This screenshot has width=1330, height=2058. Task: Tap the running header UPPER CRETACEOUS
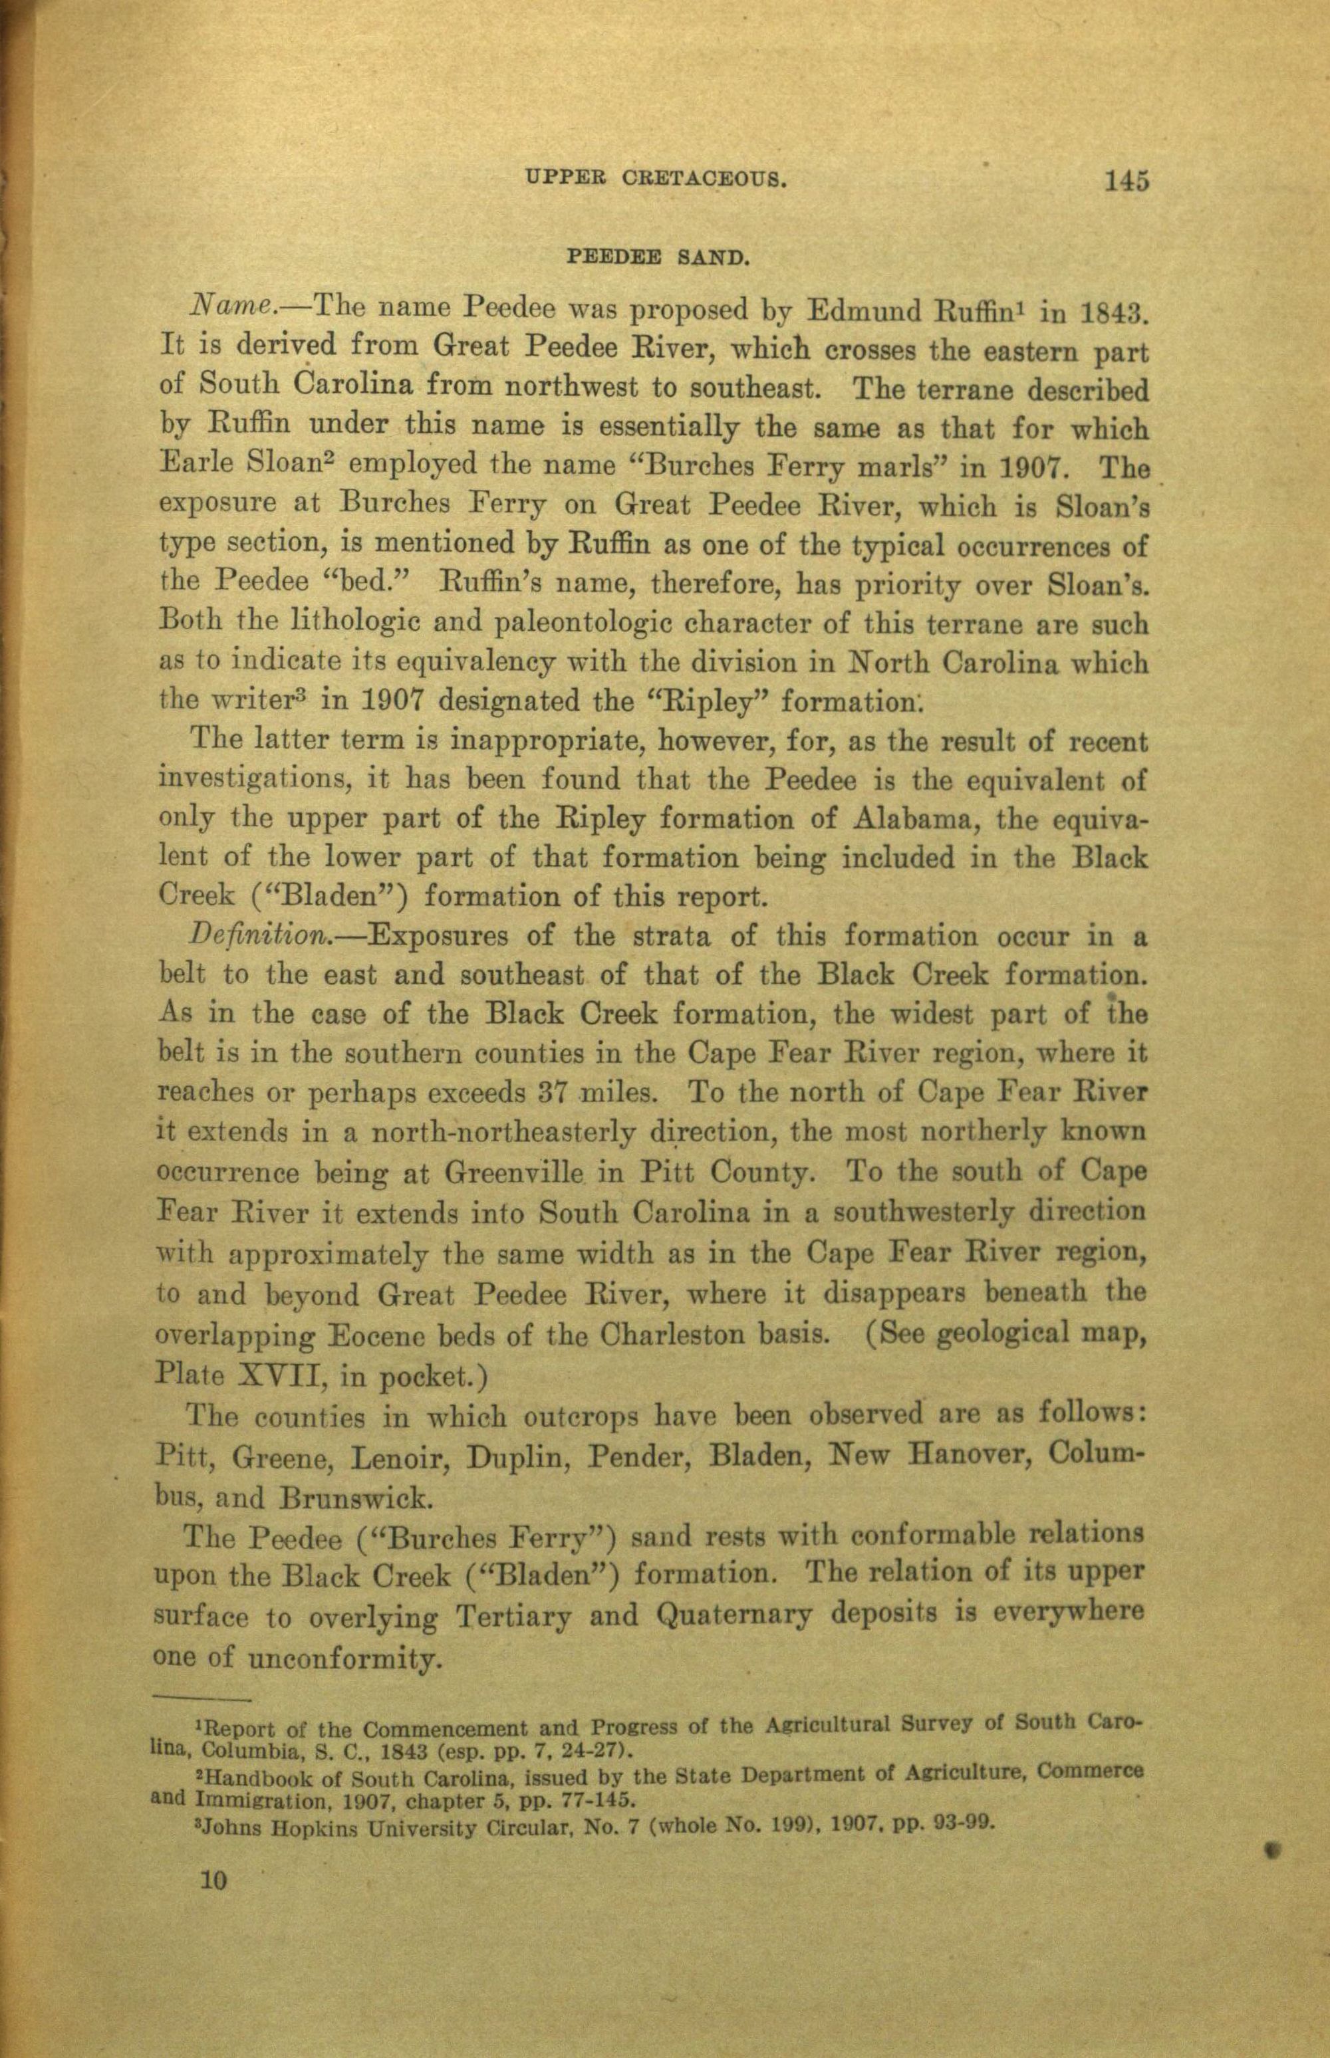pyautogui.click(x=656, y=180)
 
